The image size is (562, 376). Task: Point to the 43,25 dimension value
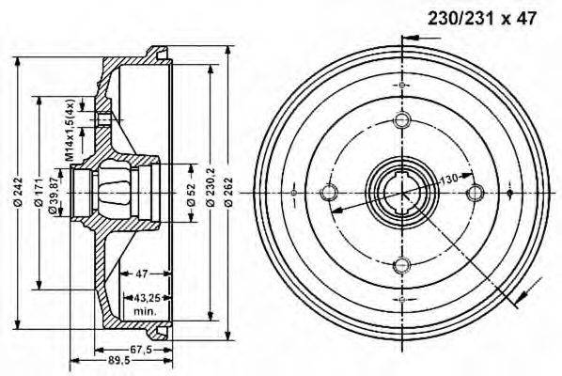tap(145, 297)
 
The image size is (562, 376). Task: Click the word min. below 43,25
tap(145, 309)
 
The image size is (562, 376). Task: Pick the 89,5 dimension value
tap(117, 362)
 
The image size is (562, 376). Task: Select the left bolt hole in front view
tap(329, 193)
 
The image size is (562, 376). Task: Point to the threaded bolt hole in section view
tap(103, 118)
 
